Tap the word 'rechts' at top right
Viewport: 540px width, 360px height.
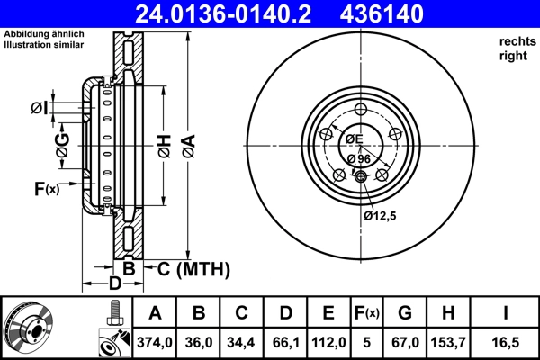coord(517,41)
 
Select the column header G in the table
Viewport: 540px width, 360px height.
coord(405,314)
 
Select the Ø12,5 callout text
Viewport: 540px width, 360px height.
coord(382,215)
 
